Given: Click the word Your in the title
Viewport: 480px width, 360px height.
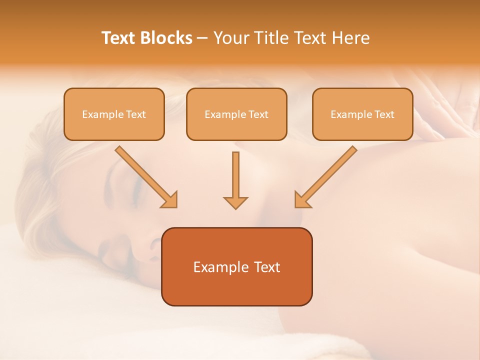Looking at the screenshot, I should pos(228,38).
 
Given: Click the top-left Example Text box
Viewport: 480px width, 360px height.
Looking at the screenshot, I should pos(114,114).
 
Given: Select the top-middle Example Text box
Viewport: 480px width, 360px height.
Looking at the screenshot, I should pos(236,114).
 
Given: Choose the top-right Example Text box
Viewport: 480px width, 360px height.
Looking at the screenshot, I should pos(362,114).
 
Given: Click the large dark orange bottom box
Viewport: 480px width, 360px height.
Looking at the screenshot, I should pos(236,266).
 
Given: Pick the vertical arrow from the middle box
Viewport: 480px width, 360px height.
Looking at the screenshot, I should pos(235,177).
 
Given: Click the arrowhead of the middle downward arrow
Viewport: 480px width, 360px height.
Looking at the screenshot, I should pos(235,202).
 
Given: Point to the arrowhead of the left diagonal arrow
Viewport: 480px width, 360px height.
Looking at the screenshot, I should pos(170,199).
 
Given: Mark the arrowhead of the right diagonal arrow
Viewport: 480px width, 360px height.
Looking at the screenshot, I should pos(301,199).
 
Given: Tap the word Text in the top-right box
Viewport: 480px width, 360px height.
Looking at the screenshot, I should pos(384,114).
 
